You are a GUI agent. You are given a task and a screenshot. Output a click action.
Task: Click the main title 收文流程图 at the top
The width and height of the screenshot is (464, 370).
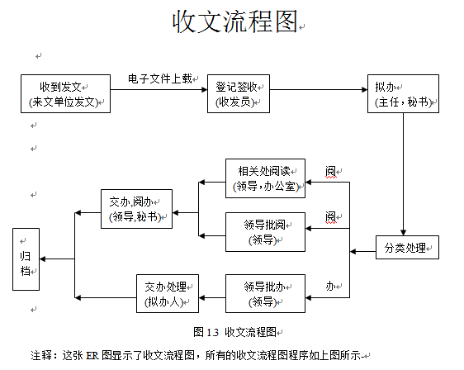pyautogui.click(x=235, y=21)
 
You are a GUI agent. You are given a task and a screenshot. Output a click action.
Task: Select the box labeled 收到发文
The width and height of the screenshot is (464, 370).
pyautogui.click(x=65, y=93)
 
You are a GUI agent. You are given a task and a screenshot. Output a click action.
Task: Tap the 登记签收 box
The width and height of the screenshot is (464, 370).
pyautogui.click(x=239, y=93)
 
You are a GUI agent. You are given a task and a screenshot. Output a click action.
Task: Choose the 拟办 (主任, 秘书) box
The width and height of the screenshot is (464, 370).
pyautogui.click(x=403, y=93)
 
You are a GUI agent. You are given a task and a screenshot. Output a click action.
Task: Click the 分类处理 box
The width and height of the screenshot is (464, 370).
pyautogui.click(x=407, y=247)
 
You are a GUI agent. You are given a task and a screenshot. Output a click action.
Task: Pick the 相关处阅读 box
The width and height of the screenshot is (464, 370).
pyautogui.click(x=265, y=178)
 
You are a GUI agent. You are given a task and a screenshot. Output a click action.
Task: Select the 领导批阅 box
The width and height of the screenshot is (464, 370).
pyautogui.click(x=265, y=232)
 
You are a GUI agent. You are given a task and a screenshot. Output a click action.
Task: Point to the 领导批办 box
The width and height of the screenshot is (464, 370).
pyautogui.click(x=265, y=293)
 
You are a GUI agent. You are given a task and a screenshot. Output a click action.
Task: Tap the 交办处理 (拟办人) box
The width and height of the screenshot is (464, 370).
pyautogui.click(x=168, y=293)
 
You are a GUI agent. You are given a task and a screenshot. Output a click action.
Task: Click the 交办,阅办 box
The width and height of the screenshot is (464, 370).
pyautogui.click(x=136, y=209)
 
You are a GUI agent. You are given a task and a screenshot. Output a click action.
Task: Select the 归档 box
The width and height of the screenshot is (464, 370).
pyautogui.click(x=26, y=259)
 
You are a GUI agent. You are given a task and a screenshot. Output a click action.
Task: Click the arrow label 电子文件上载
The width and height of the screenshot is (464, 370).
pyautogui.click(x=160, y=78)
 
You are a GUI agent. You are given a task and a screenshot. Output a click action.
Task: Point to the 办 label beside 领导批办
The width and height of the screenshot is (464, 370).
pyautogui.click(x=330, y=287)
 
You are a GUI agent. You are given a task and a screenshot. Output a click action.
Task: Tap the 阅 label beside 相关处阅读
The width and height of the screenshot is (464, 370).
pyautogui.click(x=330, y=172)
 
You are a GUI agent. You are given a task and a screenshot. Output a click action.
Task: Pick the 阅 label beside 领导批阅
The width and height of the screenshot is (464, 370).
pyautogui.click(x=330, y=216)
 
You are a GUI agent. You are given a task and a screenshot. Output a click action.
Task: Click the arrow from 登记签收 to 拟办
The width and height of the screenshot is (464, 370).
pyautogui.click(x=319, y=89)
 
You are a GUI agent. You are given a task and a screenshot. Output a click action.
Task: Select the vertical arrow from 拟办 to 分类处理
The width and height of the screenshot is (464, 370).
pyautogui.click(x=403, y=174)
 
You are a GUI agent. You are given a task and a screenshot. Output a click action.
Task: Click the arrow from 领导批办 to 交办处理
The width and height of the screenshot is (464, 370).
pyautogui.click(x=212, y=297)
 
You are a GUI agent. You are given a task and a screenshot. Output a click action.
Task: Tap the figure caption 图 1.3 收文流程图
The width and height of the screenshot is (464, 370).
pyautogui.click(x=235, y=332)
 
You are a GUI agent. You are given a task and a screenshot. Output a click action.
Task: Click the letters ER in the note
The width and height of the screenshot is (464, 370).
pyautogui.click(x=92, y=355)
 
